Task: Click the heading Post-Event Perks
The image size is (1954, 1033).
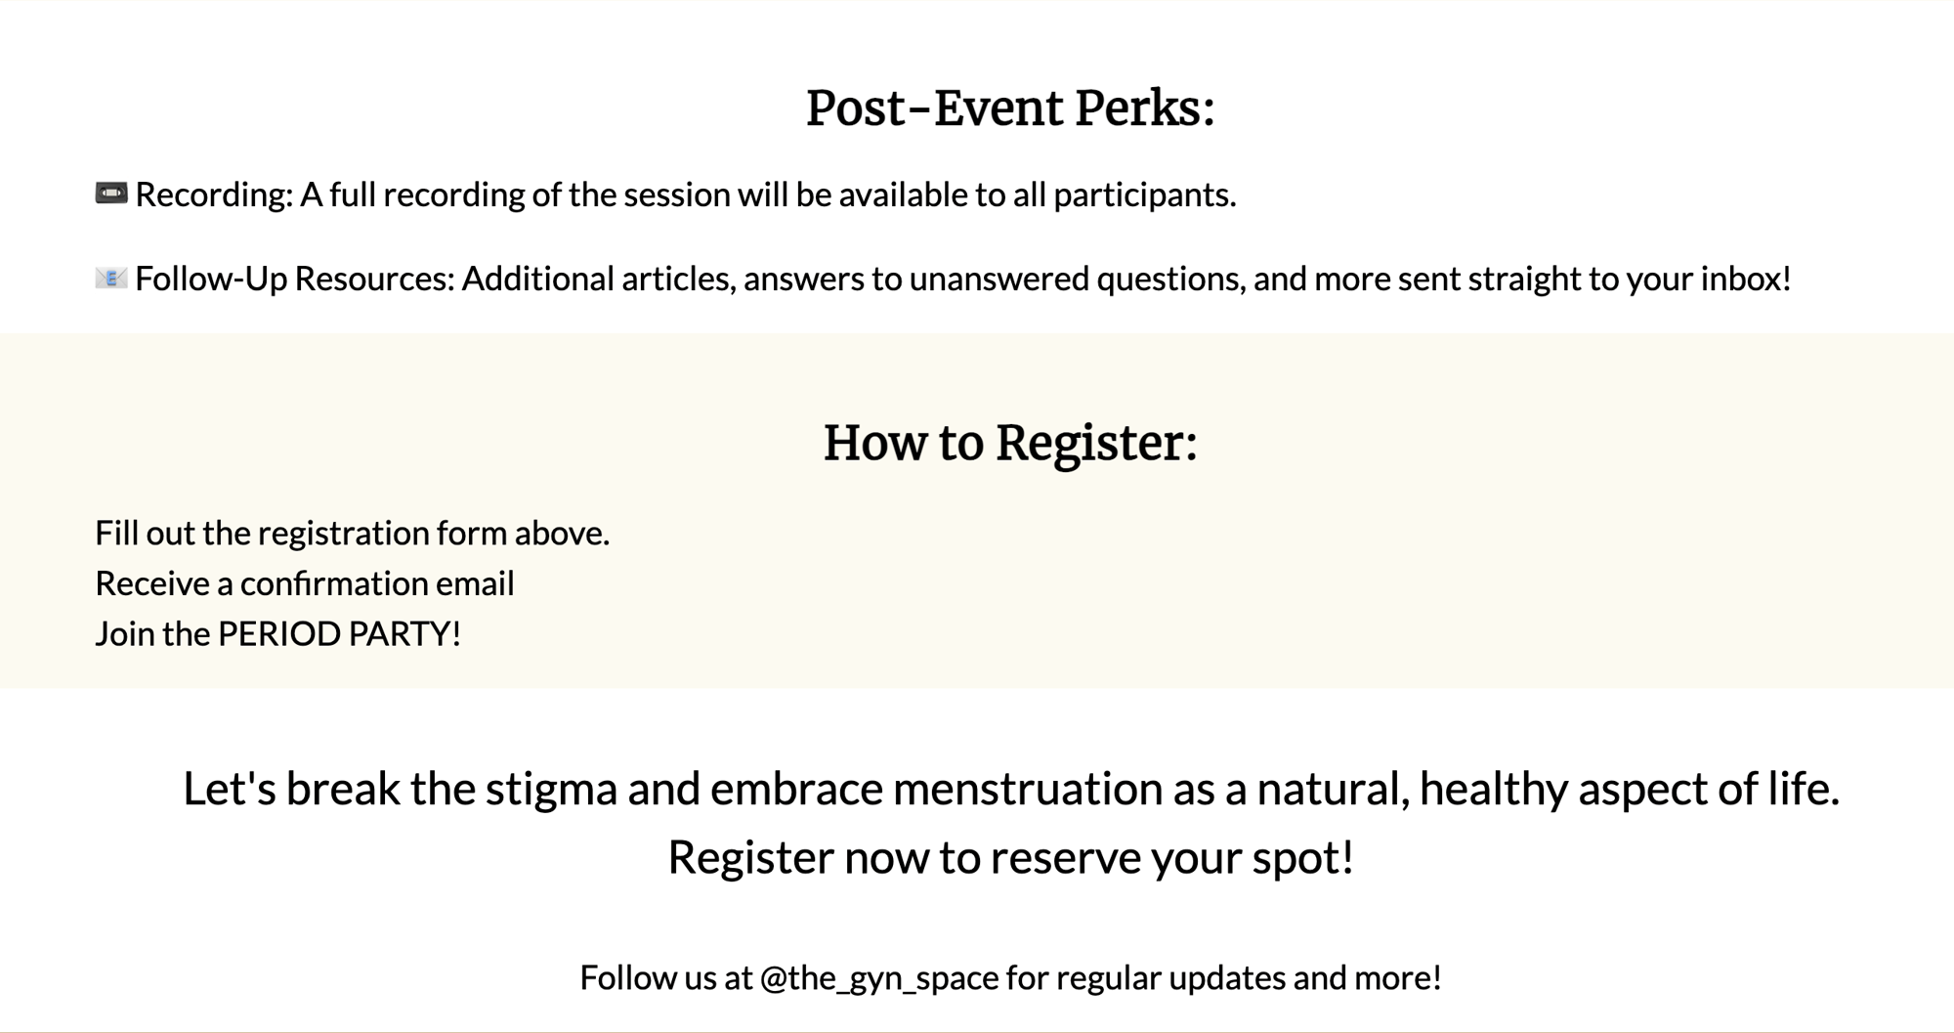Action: click(x=1010, y=108)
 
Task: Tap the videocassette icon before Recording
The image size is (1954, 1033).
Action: click(x=111, y=194)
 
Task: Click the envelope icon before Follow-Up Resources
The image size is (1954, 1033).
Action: click(x=111, y=279)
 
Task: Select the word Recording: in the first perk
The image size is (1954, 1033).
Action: click(x=214, y=195)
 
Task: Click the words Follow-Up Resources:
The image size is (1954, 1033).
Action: click(x=295, y=280)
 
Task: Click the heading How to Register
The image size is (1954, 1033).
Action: click(x=1010, y=443)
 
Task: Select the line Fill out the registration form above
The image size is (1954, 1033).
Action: click(x=352, y=533)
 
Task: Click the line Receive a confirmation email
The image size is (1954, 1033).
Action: click(x=304, y=583)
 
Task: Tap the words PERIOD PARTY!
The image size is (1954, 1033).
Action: click(x=339, y=634)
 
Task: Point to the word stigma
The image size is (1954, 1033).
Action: click(x=551, y=790)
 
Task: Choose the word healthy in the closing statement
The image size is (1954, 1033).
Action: click(x=1494, y=790)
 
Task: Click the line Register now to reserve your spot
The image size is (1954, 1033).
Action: click(x=1010, y=858)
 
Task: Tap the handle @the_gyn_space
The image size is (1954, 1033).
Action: click(x=879, y=978)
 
